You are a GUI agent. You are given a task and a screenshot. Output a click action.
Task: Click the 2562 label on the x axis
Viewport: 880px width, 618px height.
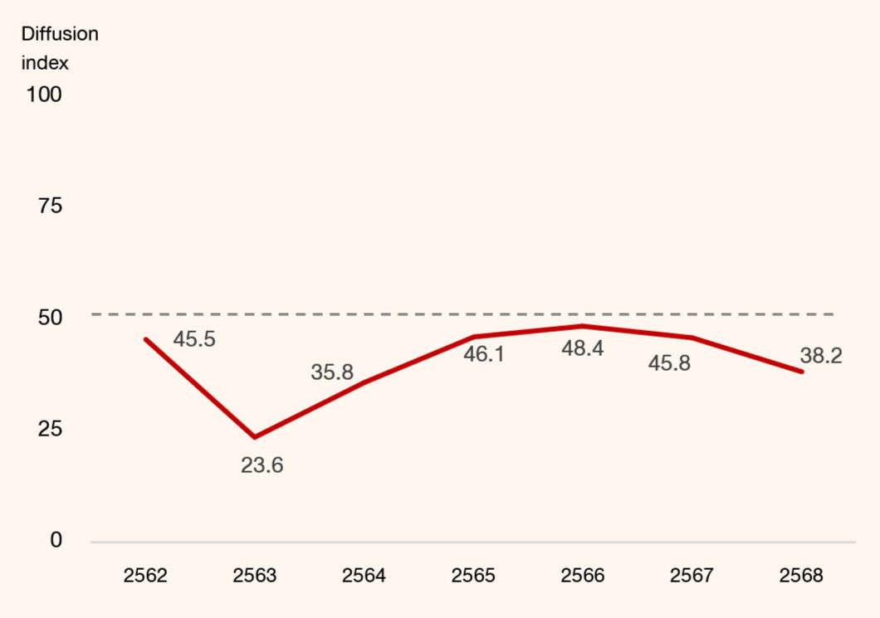[x=145, y=576]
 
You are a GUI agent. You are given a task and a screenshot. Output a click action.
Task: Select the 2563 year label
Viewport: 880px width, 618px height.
[x=255, y=576]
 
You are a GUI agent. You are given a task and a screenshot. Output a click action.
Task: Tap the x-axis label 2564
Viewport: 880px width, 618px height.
[x=364, y=576]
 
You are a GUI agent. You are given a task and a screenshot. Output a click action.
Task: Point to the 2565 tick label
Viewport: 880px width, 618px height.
[x=473, y=576]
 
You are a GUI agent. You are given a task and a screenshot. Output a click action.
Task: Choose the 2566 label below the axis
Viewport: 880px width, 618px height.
[x=583, y=576]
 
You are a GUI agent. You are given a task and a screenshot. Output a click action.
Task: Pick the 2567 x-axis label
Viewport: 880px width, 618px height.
[x=692, y=576]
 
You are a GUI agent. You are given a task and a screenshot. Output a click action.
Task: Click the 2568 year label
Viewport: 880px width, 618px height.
[x=801, y=576]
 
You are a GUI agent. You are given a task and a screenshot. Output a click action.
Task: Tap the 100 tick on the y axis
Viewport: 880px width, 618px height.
[x=44, y=95]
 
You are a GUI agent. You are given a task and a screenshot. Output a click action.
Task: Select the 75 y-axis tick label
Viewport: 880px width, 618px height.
[x=50, y=206]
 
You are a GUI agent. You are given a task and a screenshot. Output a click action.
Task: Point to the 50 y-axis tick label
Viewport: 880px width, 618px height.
[x=50, y=318]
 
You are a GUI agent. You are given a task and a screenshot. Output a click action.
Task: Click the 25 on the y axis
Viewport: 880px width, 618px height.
[x=50, y=429]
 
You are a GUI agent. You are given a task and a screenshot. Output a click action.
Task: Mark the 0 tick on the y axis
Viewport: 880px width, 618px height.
[x=56, y=540]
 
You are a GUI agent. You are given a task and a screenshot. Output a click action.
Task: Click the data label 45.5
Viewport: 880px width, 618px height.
[x=194, y=339]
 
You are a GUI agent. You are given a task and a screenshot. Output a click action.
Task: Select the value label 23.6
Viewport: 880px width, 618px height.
[x=262, y=465]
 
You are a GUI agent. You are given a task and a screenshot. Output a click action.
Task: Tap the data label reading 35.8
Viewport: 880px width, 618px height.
[x=332, y=372]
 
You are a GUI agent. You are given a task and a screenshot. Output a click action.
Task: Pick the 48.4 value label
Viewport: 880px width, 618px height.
[x=583, y=348]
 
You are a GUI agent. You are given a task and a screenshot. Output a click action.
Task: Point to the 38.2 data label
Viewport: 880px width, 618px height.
[x=821, y=356]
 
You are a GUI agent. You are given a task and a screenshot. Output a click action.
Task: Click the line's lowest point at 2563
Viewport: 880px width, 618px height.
[x=255, y=437]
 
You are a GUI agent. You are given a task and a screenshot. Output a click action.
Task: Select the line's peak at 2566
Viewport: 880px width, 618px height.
[x=583, y=326]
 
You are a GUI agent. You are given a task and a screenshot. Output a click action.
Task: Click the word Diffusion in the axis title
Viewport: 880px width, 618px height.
[x=60, y=34]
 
